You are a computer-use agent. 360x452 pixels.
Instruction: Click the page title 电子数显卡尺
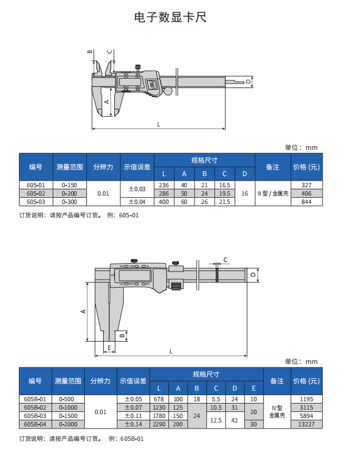click(x=171, y=17)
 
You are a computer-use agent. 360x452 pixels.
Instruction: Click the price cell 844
click(x=306, y=202)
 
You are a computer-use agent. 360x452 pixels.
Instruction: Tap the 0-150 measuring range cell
click(x=69, y=184)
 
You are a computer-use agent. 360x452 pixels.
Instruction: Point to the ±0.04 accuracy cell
click(x=137, y=202)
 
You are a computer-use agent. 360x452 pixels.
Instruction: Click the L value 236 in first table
click(x=164, y=184)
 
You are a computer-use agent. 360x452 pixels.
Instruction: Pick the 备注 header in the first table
click(x=273, y=167)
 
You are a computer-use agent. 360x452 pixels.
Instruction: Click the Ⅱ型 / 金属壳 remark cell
click(x=273, y=193)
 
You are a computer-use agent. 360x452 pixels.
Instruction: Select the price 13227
click(x=307, y=424)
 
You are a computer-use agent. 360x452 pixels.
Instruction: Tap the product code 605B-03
click(x=36, y=416)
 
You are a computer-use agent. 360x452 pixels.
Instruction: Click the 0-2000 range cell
click(x=68, y=424)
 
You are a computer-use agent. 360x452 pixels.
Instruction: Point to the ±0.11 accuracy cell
click(x=133, y=416)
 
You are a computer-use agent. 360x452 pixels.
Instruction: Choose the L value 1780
click(x=159, y=416)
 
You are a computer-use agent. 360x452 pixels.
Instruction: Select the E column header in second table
click(x=254, y=388)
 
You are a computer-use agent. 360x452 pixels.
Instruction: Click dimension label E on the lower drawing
click(x=109, y=348)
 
